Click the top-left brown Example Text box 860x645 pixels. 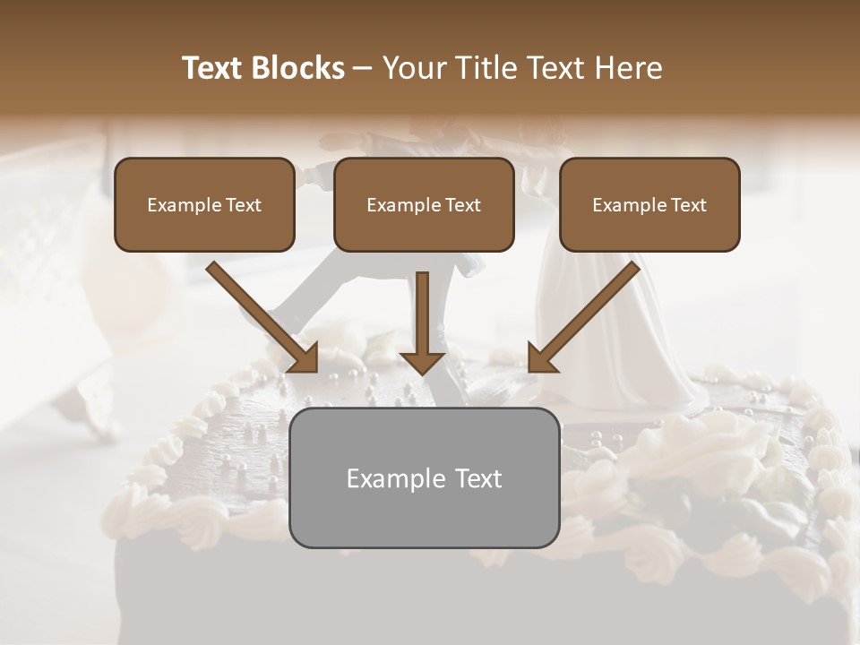point(204,204)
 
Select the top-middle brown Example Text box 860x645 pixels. point(424,204)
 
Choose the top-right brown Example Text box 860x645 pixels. point(649,204)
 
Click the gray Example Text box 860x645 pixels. point(424,477)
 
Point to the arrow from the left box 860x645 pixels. point(260,314)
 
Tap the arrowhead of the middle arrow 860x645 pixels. point(423,360)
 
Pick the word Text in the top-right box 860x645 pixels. point(688,205)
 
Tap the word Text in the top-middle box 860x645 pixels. point(462,205)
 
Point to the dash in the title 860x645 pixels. point(363,69)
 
